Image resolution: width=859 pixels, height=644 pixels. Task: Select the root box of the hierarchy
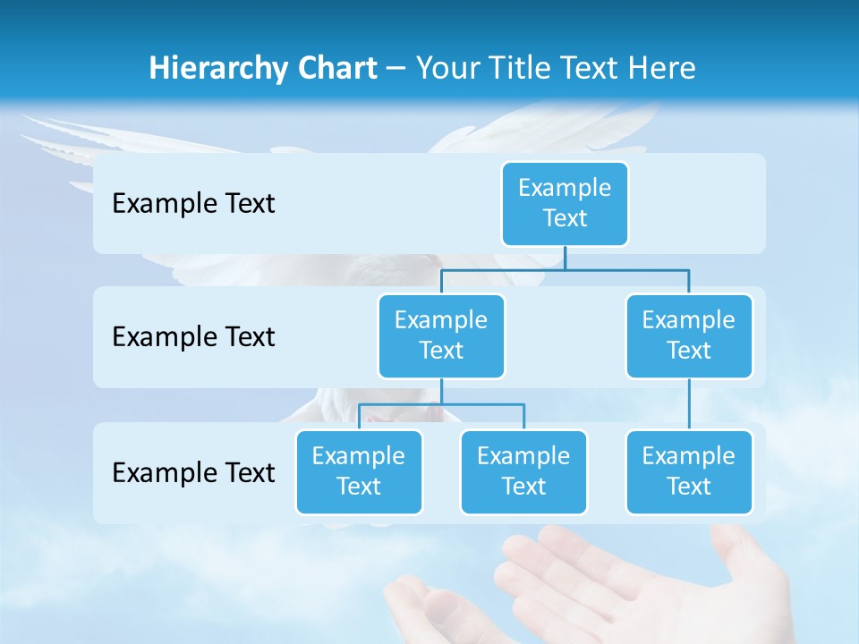pyautogui.click(x=565, y=204)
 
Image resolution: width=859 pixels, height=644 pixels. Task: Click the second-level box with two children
pyautogui.click(x=441, y=336)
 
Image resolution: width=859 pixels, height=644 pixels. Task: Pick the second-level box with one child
pyautogui.click(x=689, y=336)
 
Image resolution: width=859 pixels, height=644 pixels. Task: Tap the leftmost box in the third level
pyautogui.click(x=359, y=472)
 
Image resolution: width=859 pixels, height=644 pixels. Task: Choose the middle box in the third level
pyautogui.click(x=523, y=472)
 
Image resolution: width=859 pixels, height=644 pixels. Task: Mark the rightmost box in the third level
pyautogui.click(x=689, y=472)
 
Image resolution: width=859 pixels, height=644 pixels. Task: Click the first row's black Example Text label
pyautogui.click(x=193, y=204)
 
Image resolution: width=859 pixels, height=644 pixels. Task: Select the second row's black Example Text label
pyautogui.click(x=193, y=337)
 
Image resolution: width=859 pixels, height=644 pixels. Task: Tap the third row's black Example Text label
pyautogui.click(x=193, y=472)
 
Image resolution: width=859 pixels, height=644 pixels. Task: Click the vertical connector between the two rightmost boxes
pyautogui.click(x=689, y=404)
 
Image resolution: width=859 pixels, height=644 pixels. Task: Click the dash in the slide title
pyautogui.click(x=396, y=69)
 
